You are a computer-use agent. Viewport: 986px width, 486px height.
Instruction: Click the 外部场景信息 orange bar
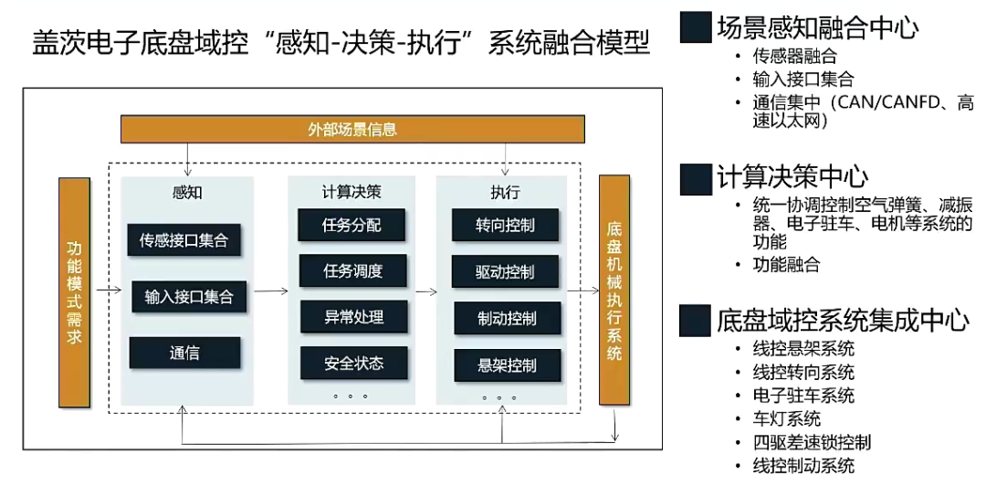352,130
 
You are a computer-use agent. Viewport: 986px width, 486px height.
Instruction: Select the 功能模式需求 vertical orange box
74,292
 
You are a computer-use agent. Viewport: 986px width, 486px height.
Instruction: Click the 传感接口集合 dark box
184,240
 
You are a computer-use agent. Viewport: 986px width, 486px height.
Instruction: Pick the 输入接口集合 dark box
189,297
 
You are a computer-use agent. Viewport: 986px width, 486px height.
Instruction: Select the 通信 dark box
184,353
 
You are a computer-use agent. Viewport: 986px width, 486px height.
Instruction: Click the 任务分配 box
352,226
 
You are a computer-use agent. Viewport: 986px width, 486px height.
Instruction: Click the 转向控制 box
505,226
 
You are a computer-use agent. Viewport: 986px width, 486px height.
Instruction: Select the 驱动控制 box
505,271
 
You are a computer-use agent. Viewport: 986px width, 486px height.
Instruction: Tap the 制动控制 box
507,318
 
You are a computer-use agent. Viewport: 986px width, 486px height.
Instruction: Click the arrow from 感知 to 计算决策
270,291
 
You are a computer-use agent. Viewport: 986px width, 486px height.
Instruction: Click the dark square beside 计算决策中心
695,178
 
